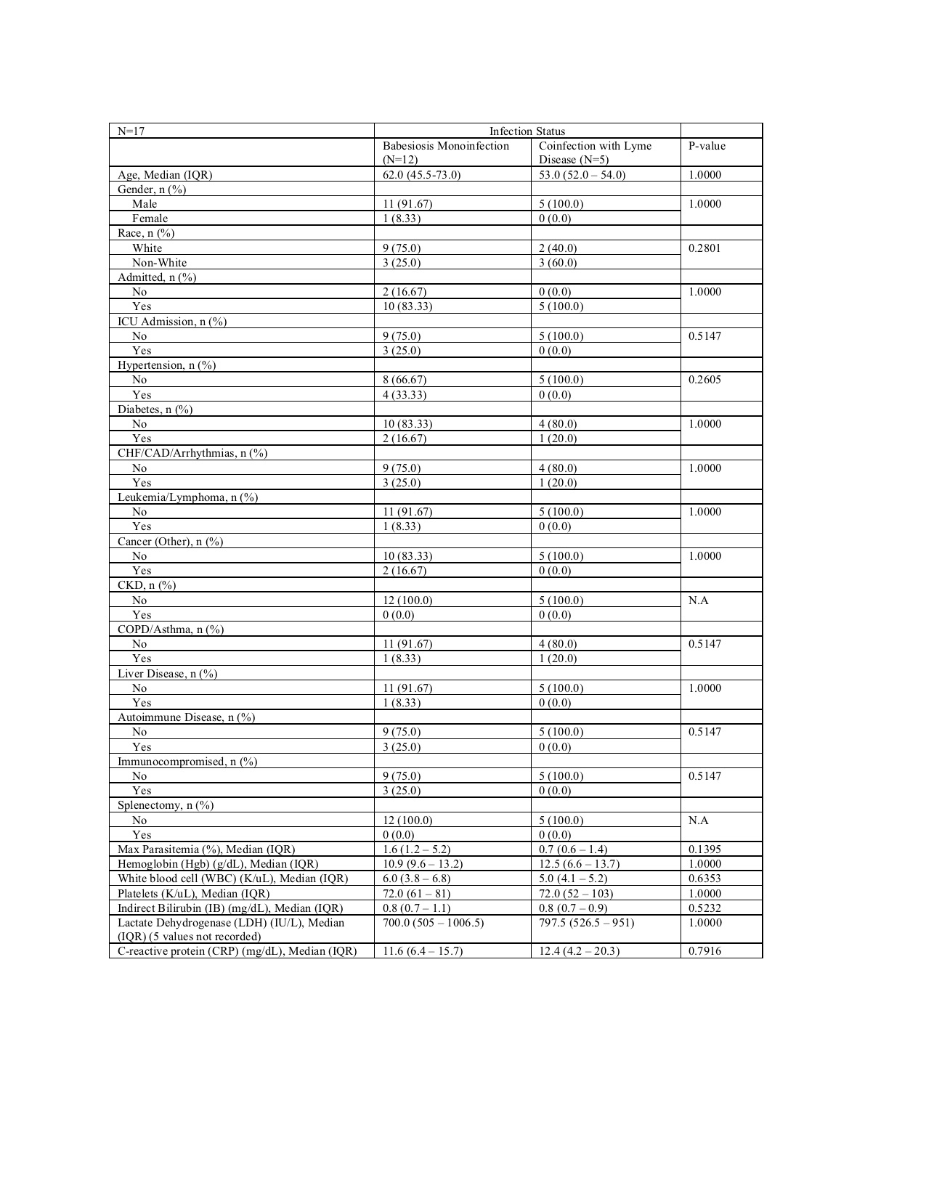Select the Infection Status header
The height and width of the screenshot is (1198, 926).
527,131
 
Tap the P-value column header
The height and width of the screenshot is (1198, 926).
707,146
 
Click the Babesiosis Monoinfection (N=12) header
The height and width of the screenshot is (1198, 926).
446,152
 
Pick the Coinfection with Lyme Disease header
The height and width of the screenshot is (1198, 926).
595,152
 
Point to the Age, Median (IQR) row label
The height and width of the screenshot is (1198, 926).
165,175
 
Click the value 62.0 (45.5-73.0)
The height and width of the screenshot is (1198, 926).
422,175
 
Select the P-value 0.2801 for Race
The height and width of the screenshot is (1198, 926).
704,248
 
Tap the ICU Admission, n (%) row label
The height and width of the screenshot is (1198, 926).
172,322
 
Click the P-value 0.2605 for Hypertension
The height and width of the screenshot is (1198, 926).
704,380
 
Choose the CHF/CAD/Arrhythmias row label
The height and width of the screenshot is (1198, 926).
192,453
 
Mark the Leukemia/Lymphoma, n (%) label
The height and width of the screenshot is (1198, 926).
187,497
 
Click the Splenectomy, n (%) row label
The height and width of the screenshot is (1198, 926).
166,805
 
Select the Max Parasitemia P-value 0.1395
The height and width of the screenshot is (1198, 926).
704,849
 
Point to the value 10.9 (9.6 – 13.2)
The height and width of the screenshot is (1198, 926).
423,864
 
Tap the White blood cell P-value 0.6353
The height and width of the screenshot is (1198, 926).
704,879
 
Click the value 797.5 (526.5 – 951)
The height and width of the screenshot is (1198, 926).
586,923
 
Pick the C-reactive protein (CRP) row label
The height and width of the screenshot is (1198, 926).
237,951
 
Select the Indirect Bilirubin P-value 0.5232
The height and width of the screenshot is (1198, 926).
704,908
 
